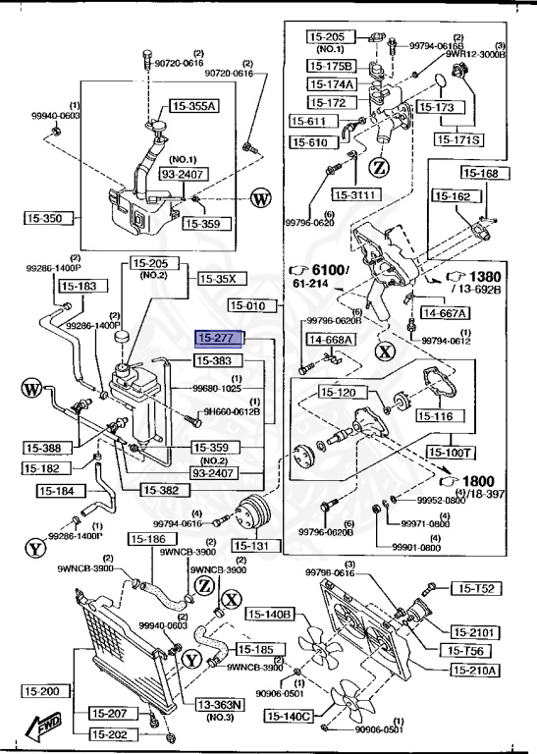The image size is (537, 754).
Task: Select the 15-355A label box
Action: pos(194,105)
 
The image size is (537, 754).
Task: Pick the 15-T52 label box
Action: pos(477,589)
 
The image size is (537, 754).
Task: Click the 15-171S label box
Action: pos(460,139)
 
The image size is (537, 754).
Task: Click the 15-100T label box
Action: pos(451,453)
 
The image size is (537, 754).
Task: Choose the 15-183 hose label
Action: pos(80,287)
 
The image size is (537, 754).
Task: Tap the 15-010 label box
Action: pos(256,305)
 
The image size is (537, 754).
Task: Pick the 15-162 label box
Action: pos(454,196)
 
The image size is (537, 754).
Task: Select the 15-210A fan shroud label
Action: pos(475,670)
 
